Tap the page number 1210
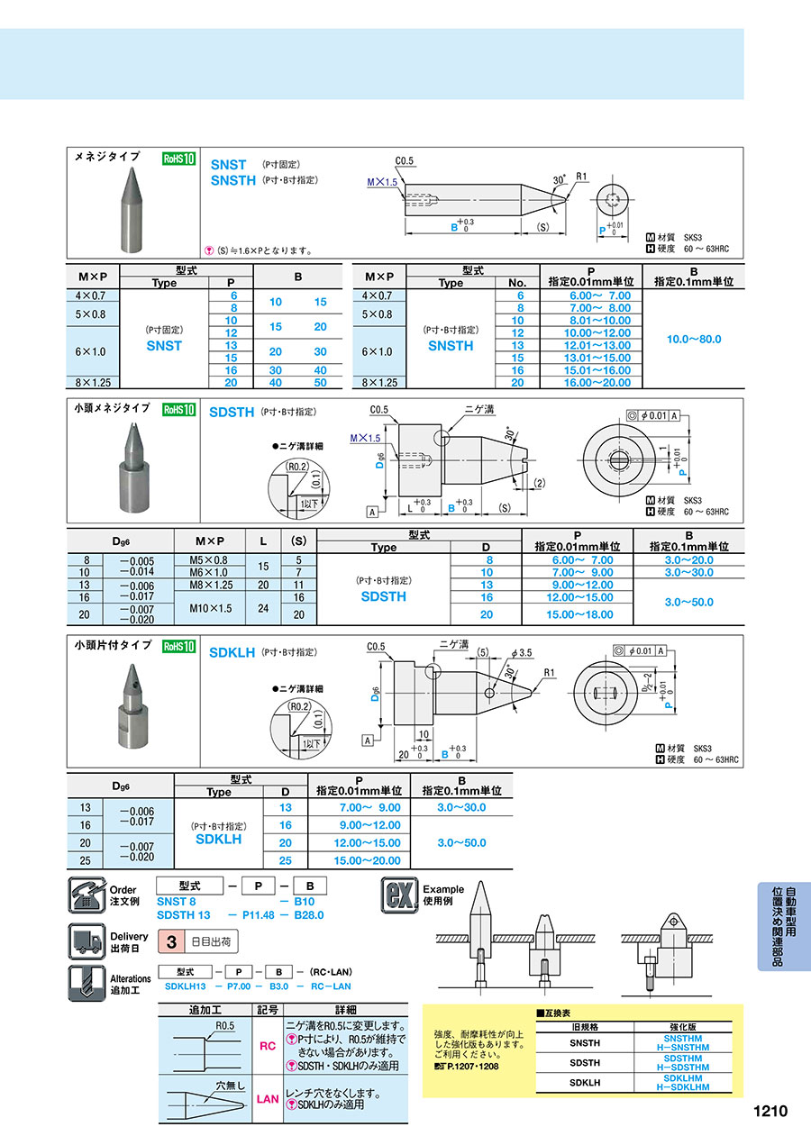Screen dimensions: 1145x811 click(x=770, y=1111)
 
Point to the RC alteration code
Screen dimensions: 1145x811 click(x=268, y=1046)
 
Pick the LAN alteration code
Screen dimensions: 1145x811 click(x=268, y=1099)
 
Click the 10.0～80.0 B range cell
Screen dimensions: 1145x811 click(x=693, y=339)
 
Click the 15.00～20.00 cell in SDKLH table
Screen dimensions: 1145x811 click(x=359, y=860)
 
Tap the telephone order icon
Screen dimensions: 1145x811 click(x=86, y=896)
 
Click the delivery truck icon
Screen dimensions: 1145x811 click(x=86, y=941)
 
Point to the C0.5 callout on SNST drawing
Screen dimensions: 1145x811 click(x=404, y=161)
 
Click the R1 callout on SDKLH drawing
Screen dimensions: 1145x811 click(x=550, y=672)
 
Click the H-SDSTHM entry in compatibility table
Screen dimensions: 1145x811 click(x=686, y=1068)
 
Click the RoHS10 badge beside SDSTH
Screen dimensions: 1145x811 click(x=178, y=410)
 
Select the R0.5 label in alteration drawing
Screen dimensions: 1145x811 click(x=225, y=1026)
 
